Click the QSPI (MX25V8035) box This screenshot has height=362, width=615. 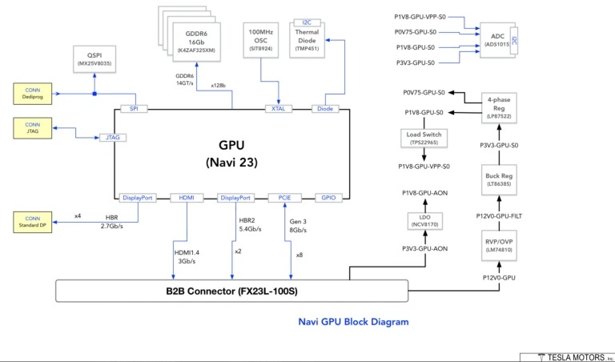click(94, 56)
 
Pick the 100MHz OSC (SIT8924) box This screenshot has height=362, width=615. click(262, 39)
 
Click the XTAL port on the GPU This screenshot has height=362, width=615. click(279, 107)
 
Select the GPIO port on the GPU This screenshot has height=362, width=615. click(328, 197)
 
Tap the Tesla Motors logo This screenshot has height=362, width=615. click(568, 356)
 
